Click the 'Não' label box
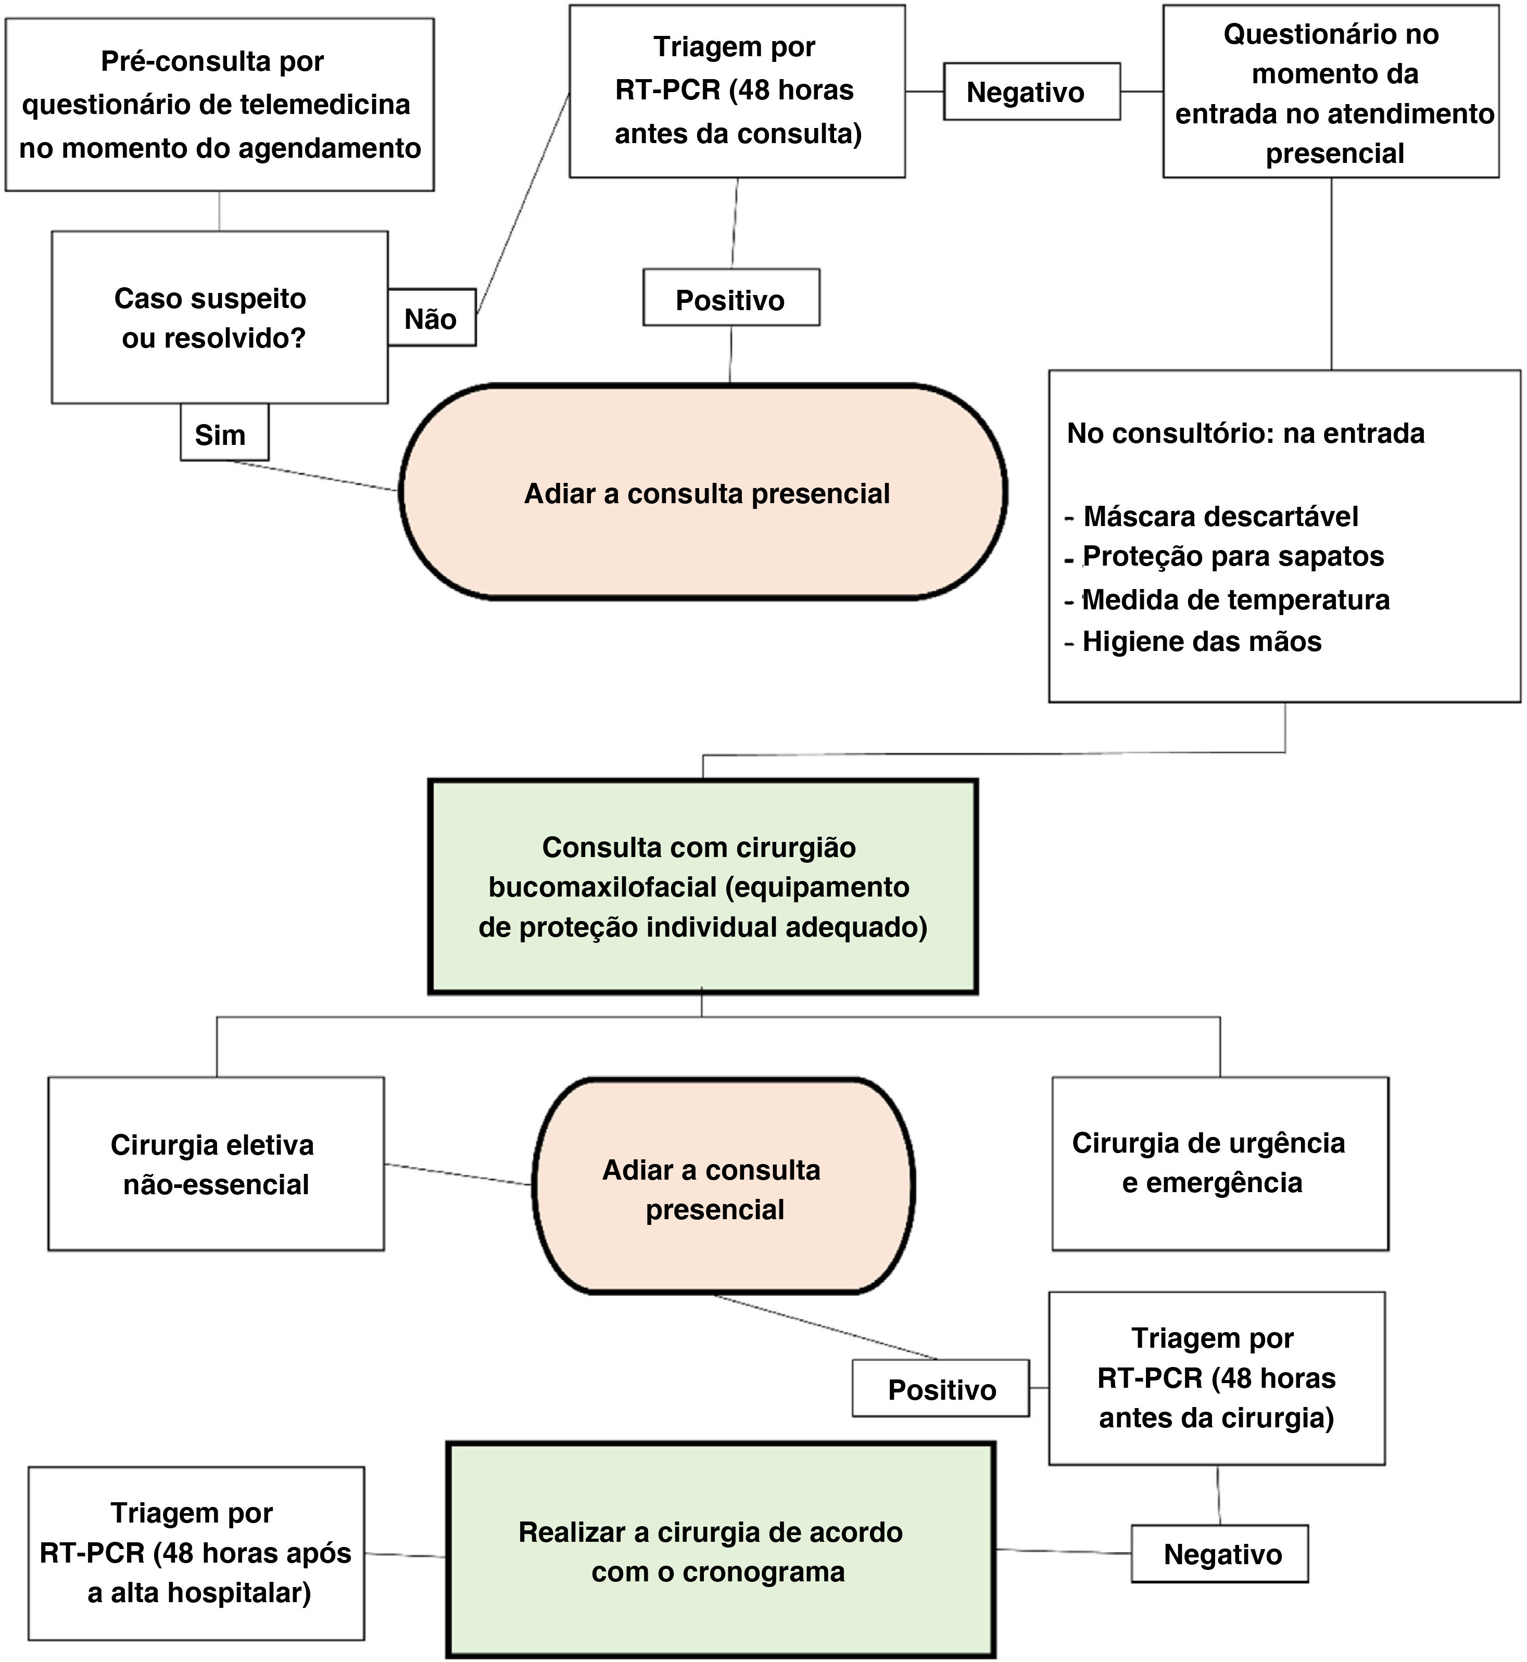pyautogui.click(x=431, y=317)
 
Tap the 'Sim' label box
pyautogui.click(x=224, y=433)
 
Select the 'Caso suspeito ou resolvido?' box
pyautogui.click(x=219, y=317)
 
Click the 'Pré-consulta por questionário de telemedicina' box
pyautogui.click(x=220, y=105)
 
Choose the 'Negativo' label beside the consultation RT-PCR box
pyautogui.click(x=1031, y=92)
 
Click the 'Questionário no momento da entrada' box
pyautogui.click(x=1330, y=93)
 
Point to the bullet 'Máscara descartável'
pyautogui.click(x=1220, y=516)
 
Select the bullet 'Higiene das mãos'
pyautogui.click(x=1202, y=641)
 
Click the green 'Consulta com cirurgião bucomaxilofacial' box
pyautogui.click(x=702, y=886)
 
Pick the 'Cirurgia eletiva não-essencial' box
pyautogui.click(x=216, y=1165)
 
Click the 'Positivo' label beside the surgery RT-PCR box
pyautogui.click(x=941, y=1389)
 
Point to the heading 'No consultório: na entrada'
pyautogui.click(x=1245, y=433)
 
